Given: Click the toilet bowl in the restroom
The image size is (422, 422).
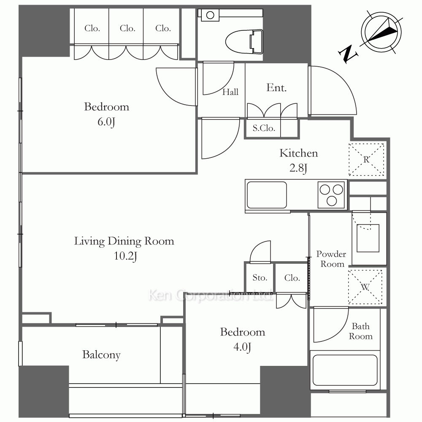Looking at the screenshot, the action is coord(243,42).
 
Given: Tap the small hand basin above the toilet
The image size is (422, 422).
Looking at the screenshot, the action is coord(210,15).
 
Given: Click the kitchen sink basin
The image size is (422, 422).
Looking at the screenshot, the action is coord(267,195).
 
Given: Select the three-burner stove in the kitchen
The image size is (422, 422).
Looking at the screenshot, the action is coord(331,195).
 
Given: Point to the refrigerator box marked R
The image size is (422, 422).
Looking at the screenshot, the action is coord(367,160).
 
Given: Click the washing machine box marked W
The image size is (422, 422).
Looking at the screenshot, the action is coord(365,287).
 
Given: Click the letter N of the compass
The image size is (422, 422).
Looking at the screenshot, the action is coord(348,54).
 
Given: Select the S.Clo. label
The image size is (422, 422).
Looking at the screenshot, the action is coord(264,128).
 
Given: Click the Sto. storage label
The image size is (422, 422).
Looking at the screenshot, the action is coord(260,278).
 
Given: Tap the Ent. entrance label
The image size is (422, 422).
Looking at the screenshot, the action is coord(276,88).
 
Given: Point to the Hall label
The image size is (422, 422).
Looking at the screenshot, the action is coord(230,92).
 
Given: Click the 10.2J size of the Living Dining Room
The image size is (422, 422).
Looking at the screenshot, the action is coord(125,256).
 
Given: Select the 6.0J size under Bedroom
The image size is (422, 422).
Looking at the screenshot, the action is coord(106,122).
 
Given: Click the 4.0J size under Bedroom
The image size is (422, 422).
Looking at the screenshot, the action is coord(242,347).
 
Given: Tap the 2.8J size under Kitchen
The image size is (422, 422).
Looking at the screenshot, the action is coord(298,168).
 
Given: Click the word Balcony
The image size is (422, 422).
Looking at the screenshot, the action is coord(101,355).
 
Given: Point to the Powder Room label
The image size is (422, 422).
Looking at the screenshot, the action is coord(332,259).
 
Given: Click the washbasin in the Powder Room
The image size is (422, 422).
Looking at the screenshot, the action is coord(368,238).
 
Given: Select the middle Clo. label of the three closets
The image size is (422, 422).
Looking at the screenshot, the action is coord(127,28).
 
